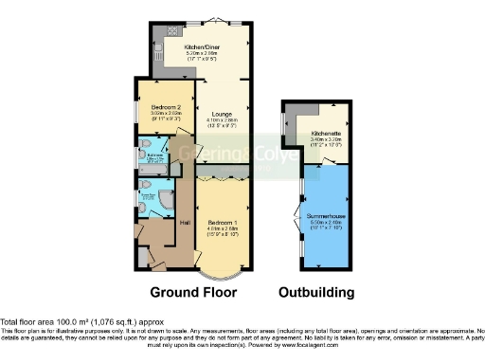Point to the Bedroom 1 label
(224, 221)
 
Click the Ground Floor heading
(200, 291)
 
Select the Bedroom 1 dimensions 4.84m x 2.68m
(224, 227)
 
